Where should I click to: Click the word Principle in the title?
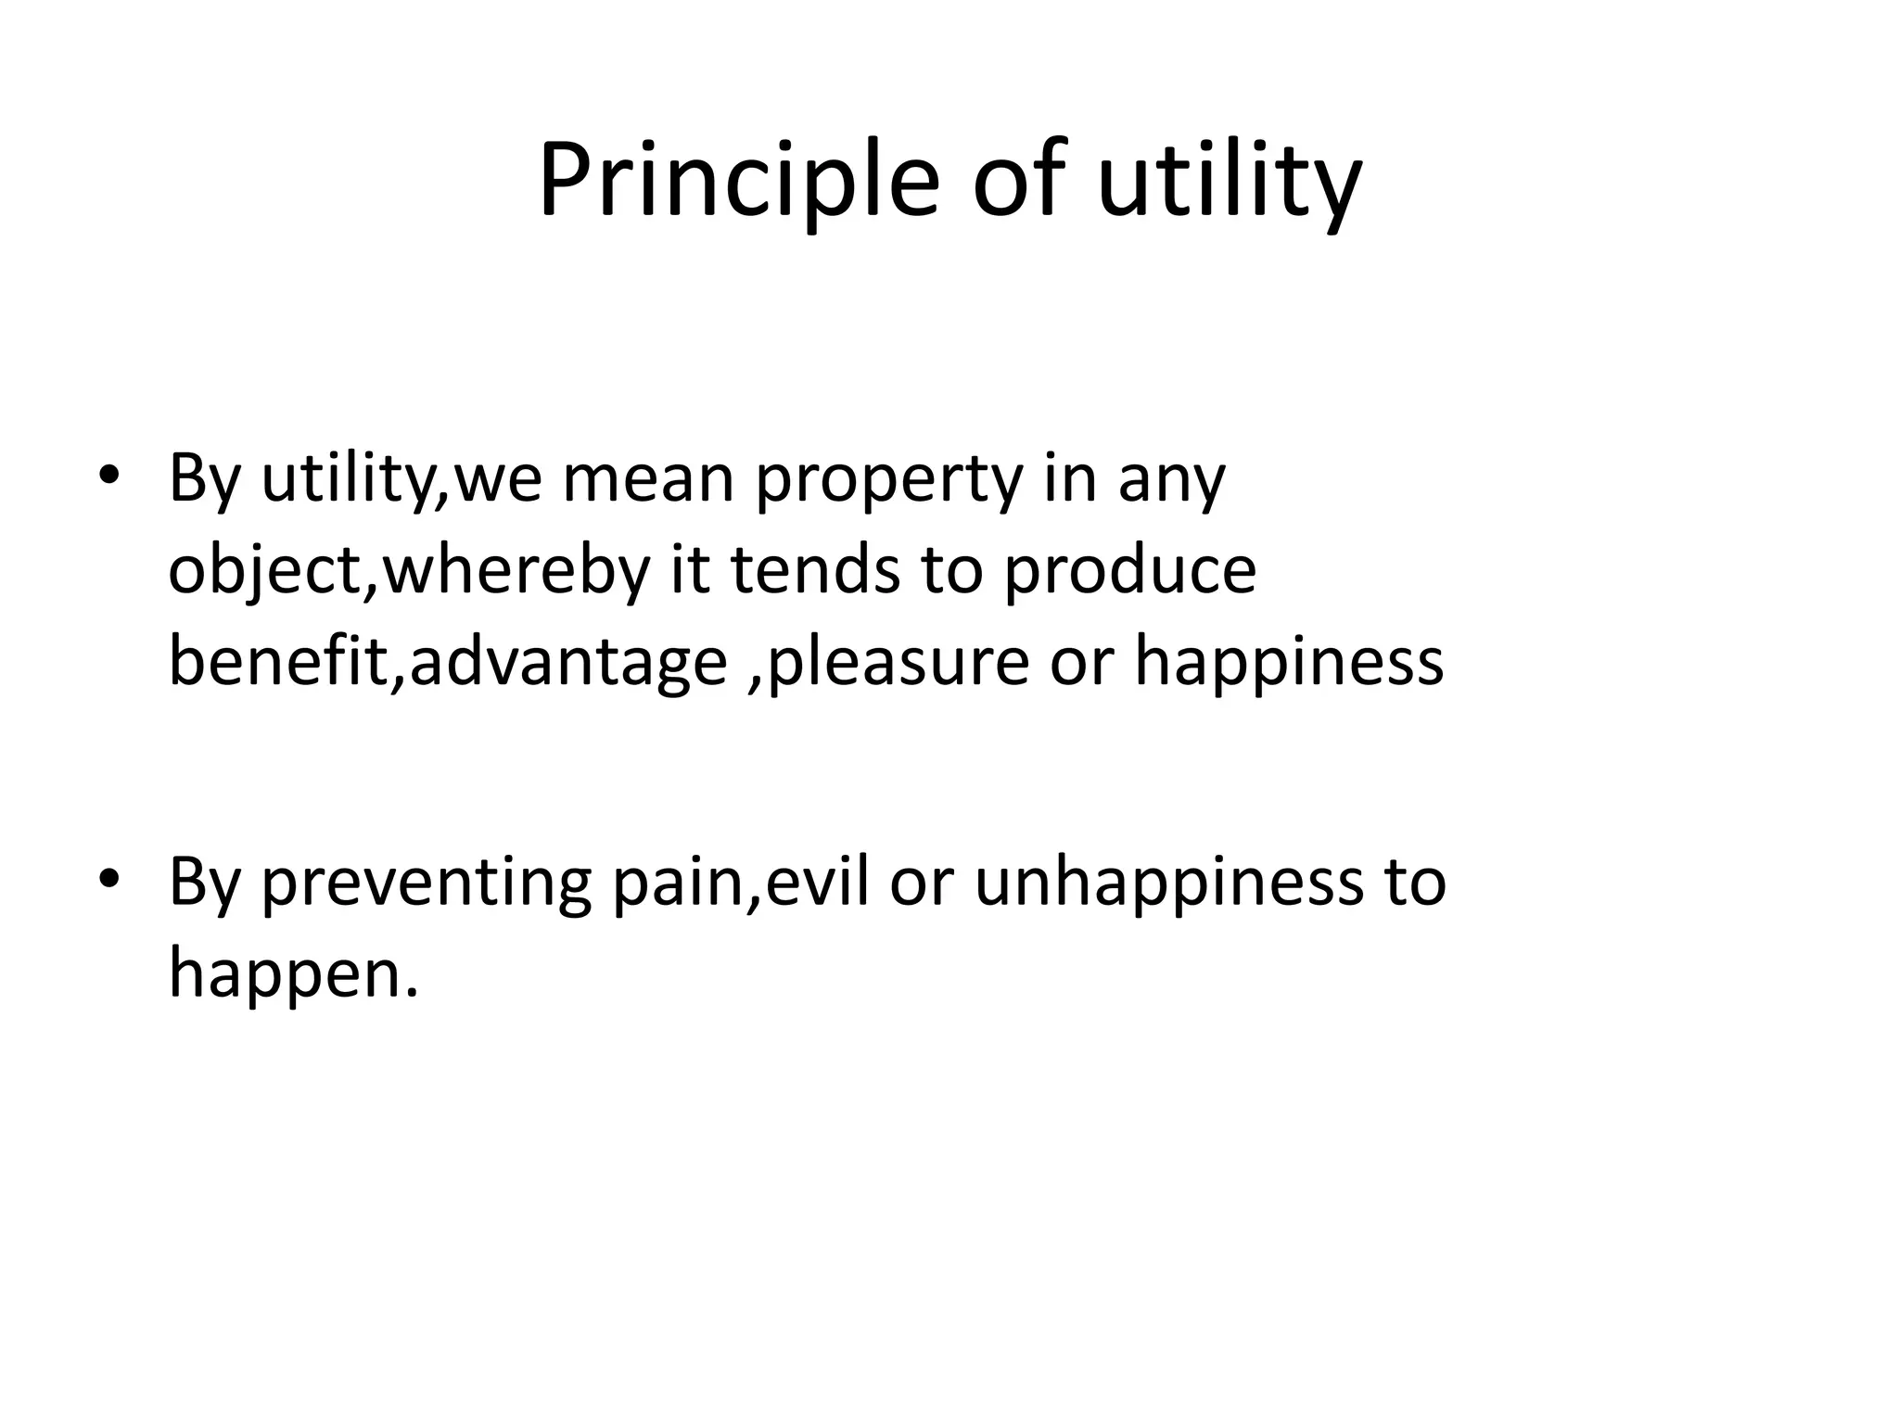click(738, 181)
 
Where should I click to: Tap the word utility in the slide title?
click(1230, 181)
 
